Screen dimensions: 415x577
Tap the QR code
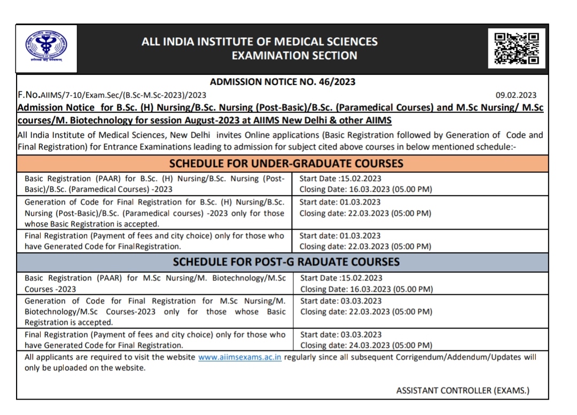516,49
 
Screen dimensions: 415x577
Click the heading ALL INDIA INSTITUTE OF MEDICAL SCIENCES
259,42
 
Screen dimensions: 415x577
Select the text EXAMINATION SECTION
294,56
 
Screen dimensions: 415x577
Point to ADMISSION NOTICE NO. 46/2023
283,82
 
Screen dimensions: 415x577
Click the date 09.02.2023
516,96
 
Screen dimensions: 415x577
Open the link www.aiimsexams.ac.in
239,357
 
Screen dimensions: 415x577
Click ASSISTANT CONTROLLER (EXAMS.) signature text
463,390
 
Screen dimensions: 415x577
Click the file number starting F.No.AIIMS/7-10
112,95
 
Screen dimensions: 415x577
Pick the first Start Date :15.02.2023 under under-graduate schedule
340,179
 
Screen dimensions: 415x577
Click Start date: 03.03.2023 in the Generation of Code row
341,301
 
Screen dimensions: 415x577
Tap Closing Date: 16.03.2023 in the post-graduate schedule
367,289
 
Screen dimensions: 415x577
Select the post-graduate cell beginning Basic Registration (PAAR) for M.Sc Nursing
155,284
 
